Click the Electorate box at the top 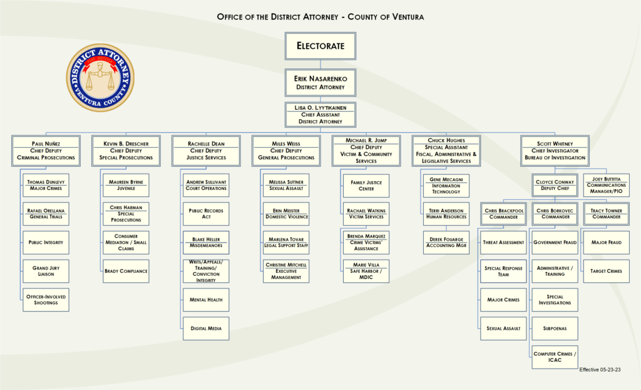click(320, 46)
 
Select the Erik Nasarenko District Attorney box click(320, 83)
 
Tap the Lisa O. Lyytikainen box click(320, 115)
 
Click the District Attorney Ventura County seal click(100, 78)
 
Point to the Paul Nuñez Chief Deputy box click(46, 150)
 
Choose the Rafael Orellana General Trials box click(46, 214)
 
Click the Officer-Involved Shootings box click(46, 300)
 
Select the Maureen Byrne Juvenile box click(126, 185)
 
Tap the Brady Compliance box click(126, 271)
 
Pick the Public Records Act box click(206, 214)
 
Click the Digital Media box click(206, 329)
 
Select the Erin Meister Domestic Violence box click(286, 214)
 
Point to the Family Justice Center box click(366, 186)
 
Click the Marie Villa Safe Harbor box click(366, 271)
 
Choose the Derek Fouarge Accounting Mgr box click(446, 243)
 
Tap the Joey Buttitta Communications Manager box click(606, 185)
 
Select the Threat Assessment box click(503, 243)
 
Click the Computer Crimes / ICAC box click(555, 357)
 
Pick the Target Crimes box click(606, 271)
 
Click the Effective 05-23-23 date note click(600, 369)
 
